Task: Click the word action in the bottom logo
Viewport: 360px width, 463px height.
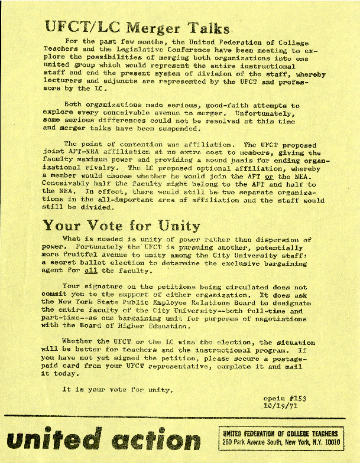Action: click(x=153, y=441)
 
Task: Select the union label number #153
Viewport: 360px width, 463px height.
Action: click(x=296, y=399)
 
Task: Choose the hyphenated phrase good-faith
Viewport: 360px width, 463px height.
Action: click(x=217, y=105)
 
